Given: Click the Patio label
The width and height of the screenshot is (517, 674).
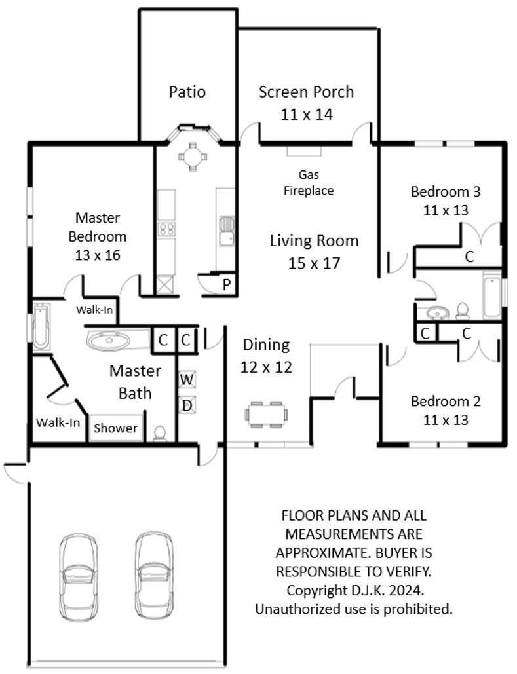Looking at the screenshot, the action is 187,92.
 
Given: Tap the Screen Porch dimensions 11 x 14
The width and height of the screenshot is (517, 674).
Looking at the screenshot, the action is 307,115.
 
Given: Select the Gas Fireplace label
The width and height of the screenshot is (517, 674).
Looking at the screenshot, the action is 309,182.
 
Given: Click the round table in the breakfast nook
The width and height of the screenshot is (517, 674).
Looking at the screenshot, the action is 192,157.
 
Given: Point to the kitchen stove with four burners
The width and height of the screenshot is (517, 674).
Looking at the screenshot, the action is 166,229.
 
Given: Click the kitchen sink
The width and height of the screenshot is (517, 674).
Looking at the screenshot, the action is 227,231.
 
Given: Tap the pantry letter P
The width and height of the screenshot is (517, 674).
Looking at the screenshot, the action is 227,284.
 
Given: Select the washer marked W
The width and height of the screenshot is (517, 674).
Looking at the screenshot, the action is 187,379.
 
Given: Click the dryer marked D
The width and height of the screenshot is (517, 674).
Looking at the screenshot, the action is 187,405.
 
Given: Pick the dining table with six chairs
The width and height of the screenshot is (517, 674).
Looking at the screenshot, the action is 266,415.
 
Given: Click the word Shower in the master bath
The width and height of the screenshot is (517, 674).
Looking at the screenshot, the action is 116,428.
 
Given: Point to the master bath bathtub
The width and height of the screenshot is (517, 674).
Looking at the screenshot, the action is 41,326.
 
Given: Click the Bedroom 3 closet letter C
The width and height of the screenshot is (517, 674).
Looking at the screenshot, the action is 469,257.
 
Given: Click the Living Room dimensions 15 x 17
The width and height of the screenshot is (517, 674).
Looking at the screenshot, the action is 314,263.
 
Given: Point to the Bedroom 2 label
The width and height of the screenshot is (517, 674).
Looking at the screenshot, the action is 446,401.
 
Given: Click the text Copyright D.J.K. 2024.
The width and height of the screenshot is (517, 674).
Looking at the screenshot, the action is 355,590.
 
